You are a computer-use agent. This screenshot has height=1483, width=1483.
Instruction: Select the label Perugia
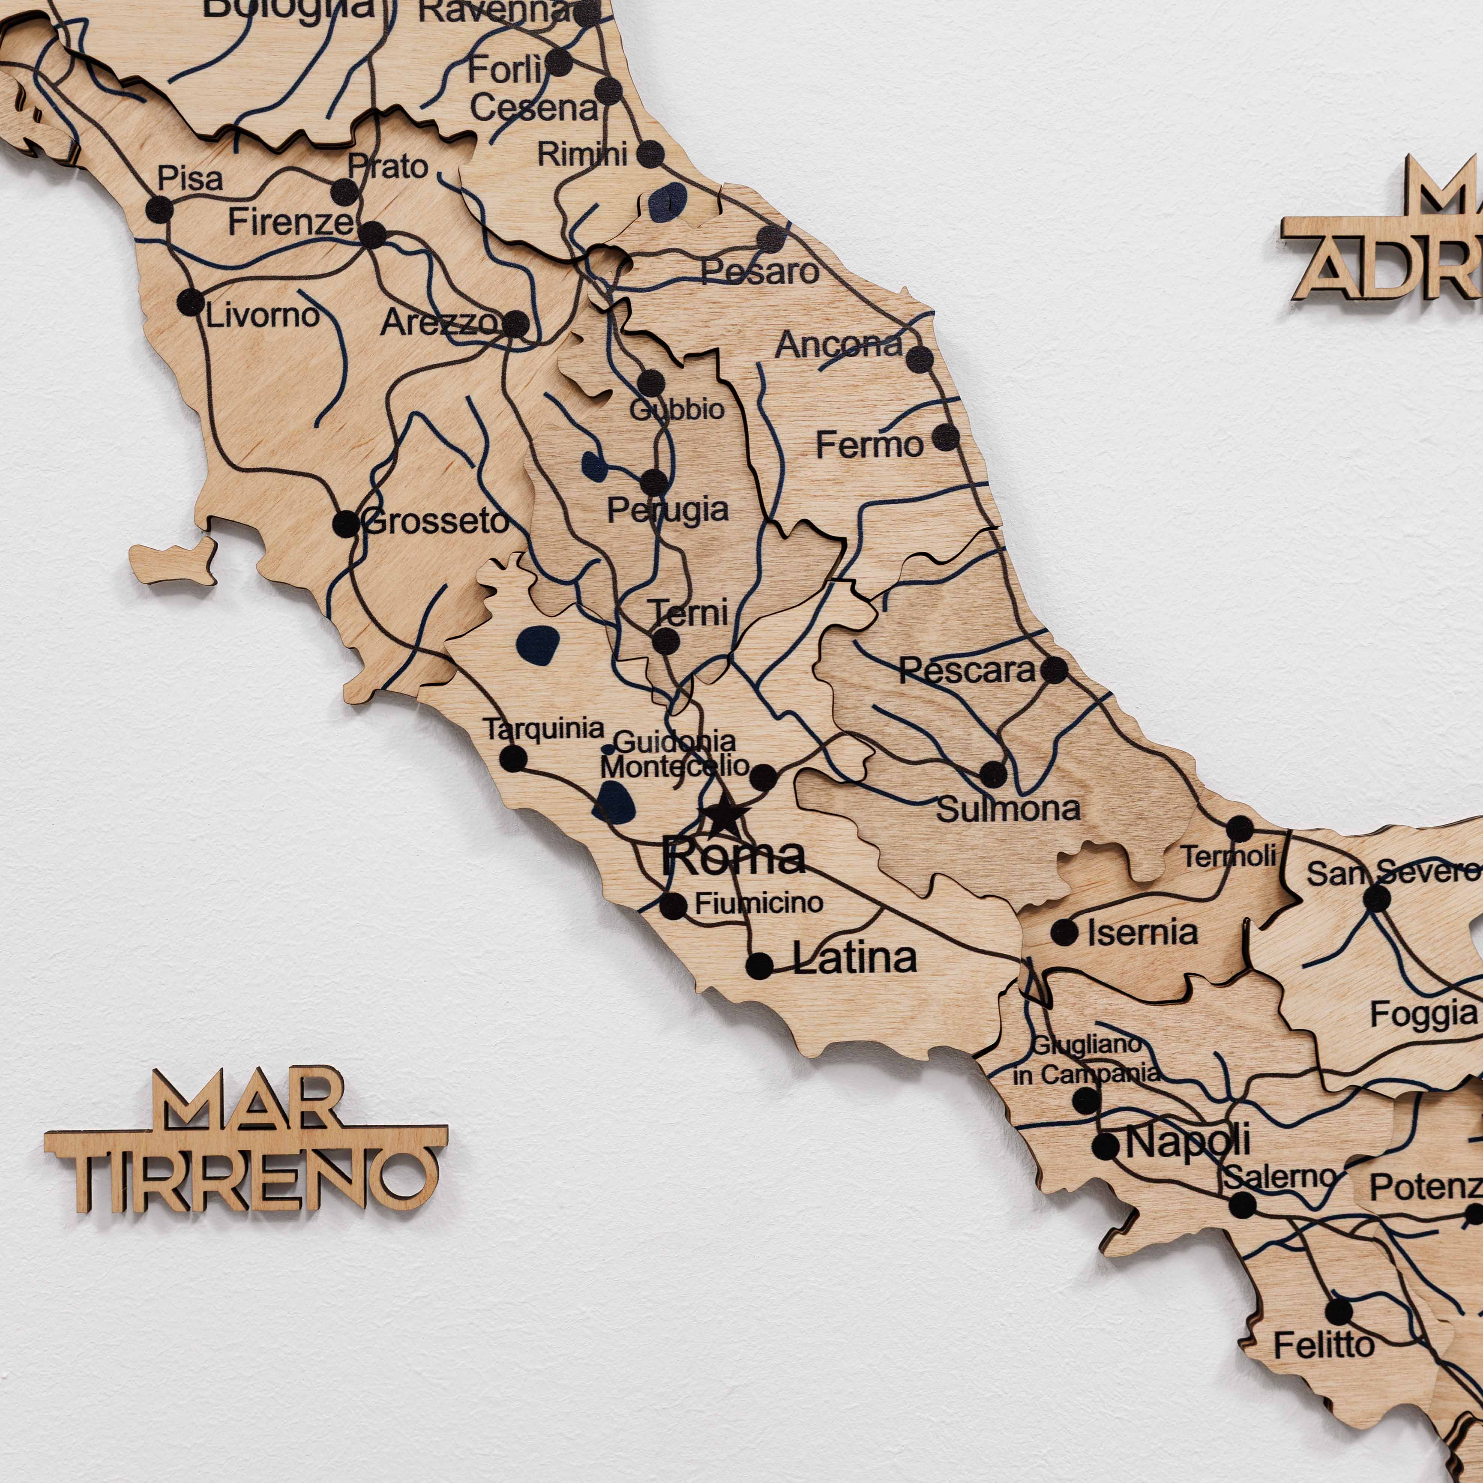point(668,510)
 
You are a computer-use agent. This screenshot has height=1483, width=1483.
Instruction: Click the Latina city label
point(854,958)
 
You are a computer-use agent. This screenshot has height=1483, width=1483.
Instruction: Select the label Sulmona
point(1008,810)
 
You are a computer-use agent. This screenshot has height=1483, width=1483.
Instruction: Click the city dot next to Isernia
point(1064,933)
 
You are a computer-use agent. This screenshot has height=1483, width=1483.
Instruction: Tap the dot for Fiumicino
point(673,906)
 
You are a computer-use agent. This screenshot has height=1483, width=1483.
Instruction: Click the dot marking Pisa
point(159,209)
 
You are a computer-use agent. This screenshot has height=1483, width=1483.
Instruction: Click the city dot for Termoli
point(1240,829)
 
